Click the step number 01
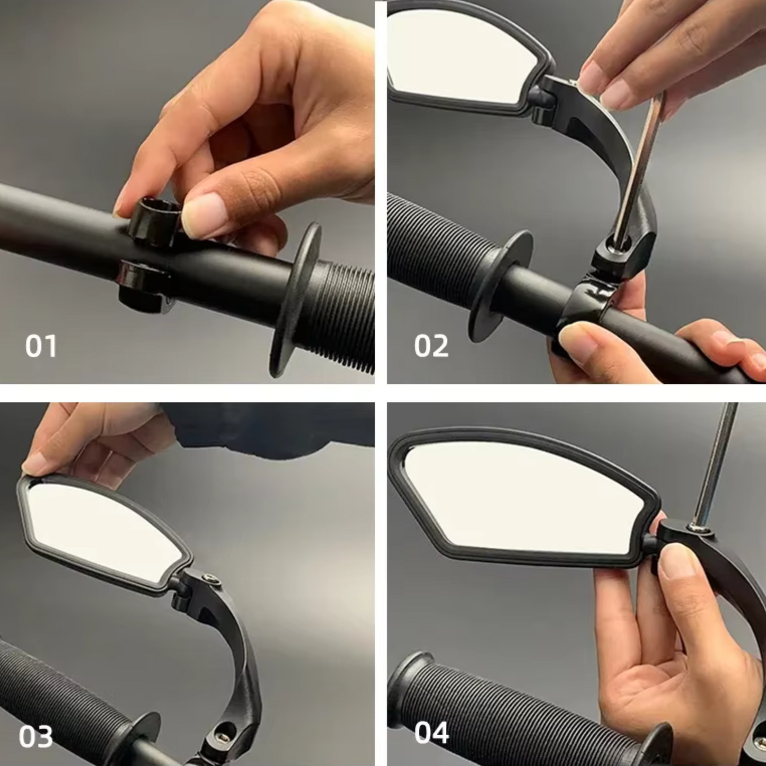coord(41,346)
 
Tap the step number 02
coord(432,346)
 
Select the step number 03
coord(36,736)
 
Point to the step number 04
coord(432,732)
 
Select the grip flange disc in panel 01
coord(294,300)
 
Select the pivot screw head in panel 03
coord(210,579)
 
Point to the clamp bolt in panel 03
coord(223,737)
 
